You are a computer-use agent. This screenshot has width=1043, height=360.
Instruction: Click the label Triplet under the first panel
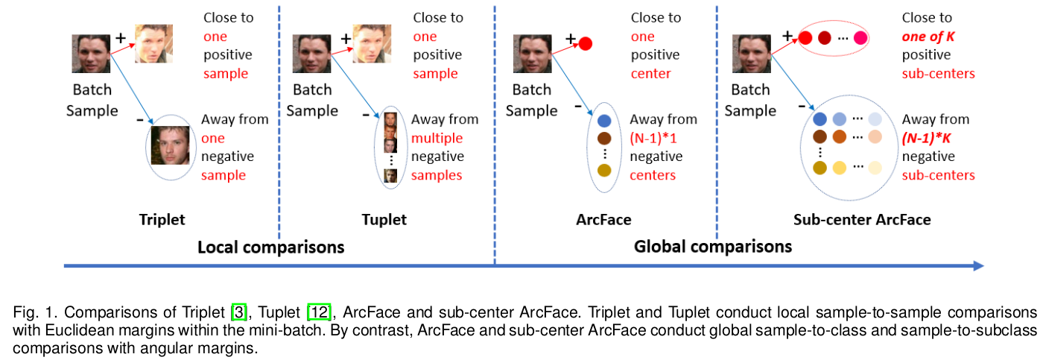(x=162, y=220)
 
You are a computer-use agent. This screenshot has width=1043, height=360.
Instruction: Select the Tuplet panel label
(x=384, y=220)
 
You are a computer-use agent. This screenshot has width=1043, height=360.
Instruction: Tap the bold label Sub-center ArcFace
(x=862, y=220)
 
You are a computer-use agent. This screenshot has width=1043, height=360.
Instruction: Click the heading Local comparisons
(x=270, y=247)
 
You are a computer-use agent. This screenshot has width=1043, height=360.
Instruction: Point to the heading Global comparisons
(x=712, y=247)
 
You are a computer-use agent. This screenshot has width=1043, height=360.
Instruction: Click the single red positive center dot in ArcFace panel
(x=585, y=43)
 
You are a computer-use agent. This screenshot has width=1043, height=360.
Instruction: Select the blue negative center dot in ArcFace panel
(x=604, y=120)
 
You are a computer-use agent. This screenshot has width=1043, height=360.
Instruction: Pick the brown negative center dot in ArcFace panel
(x=604, y=139)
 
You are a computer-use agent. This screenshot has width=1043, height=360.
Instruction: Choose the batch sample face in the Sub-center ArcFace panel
(x=751, y=54)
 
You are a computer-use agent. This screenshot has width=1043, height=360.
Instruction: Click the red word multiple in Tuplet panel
(x=437, y=138)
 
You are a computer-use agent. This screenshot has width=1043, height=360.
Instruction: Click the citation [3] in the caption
(x=239, y=311)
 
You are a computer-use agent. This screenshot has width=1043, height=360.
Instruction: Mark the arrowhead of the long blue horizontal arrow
(x=979, y=265)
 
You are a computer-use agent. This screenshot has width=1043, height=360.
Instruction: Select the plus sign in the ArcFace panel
(x=571, y=38)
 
